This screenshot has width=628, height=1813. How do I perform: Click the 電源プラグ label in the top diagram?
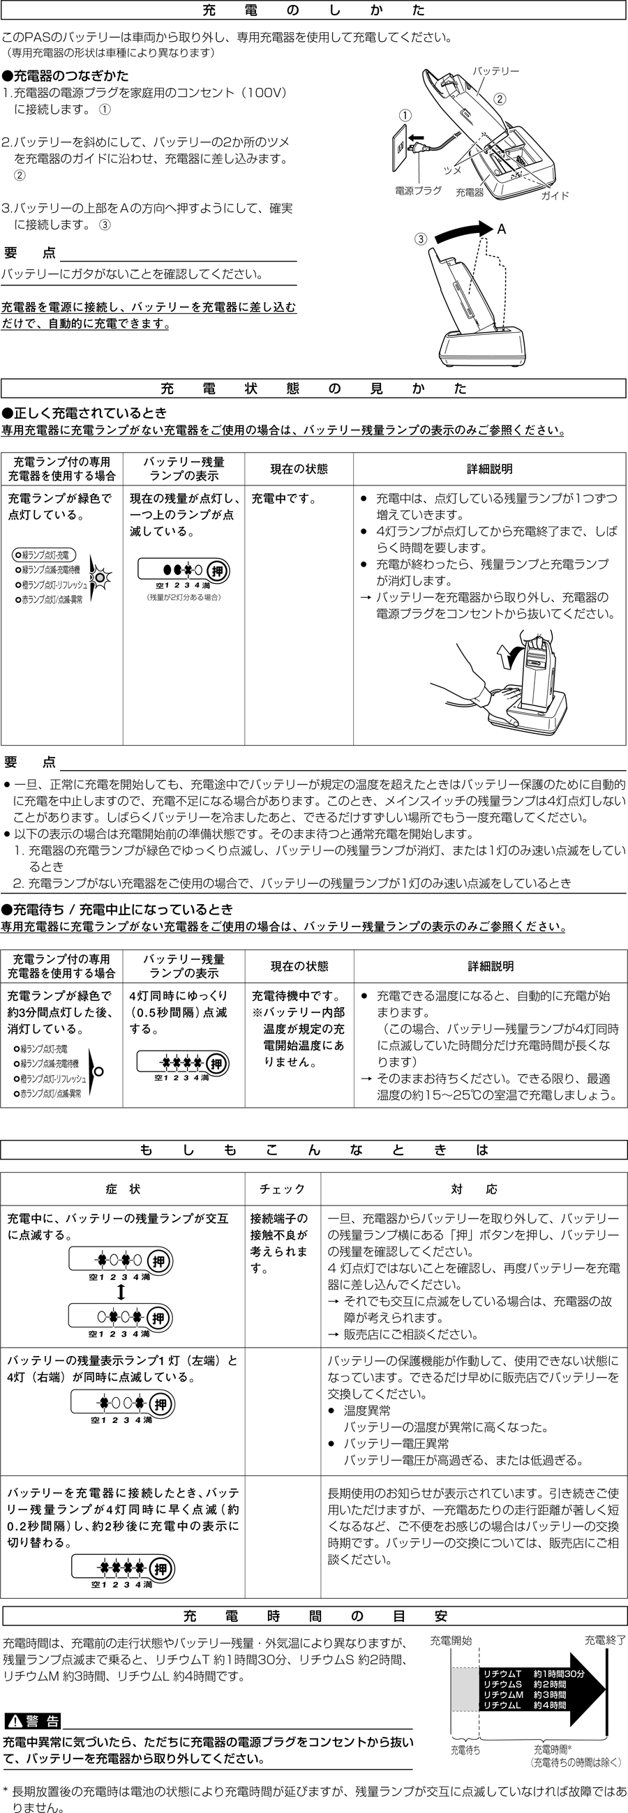(x=418, y=190)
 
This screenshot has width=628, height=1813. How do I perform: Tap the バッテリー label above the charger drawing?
(x=495, y=71)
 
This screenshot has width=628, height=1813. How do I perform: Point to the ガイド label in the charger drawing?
(x=555, y=195)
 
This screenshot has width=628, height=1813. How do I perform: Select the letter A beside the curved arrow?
(x=501, y=230)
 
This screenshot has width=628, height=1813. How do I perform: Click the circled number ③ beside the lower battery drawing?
(x=420, y=239)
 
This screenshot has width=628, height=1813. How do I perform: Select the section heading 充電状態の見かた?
(x=313, y=389)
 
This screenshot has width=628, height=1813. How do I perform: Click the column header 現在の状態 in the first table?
(x=299, y=469)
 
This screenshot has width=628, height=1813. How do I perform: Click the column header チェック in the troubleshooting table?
(x=283, y=1189)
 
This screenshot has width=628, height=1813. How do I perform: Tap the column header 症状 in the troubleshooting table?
(x=124, y=1189)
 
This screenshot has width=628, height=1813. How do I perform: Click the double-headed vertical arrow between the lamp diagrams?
(x=121, y=1291)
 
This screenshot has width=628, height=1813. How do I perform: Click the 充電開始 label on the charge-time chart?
(x=451, y=1641)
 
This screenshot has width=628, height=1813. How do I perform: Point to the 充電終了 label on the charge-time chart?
(x=605, y=1640)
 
